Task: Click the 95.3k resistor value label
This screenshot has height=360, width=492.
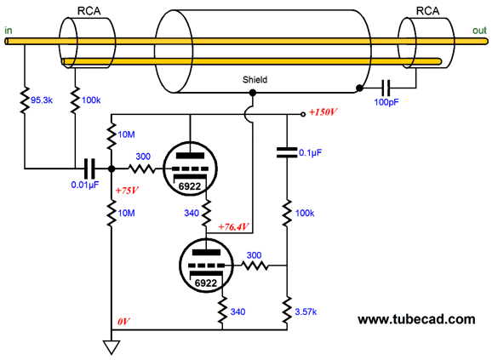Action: [42, 100]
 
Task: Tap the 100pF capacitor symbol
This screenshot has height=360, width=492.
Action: [386, 88]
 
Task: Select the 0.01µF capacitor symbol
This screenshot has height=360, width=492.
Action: [89, 169]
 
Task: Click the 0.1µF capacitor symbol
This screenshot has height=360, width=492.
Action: [287, 152]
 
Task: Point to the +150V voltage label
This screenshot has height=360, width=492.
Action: [323, 112]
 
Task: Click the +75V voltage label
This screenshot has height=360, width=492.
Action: [127, 191]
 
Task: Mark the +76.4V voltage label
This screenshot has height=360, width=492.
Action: [233, 226]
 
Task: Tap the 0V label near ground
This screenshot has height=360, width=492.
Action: [123, 322]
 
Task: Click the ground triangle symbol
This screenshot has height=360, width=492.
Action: [112, 347]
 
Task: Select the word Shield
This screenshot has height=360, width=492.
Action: [255, 80]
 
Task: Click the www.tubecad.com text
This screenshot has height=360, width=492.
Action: [416, 319]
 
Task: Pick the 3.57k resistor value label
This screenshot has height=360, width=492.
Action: [306, 311]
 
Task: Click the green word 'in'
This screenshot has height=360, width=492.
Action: [9, 31]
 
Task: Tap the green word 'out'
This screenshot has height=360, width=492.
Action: [479, 31]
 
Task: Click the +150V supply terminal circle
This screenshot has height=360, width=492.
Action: [303, 114]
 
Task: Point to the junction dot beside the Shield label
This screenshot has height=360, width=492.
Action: [253, 93]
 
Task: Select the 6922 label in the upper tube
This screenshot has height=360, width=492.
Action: [190, 186]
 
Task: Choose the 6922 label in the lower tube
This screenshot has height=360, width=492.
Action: [206, 283]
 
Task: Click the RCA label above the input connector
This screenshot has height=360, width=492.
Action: [89, 11]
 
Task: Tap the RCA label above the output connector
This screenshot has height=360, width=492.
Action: [427, 11]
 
